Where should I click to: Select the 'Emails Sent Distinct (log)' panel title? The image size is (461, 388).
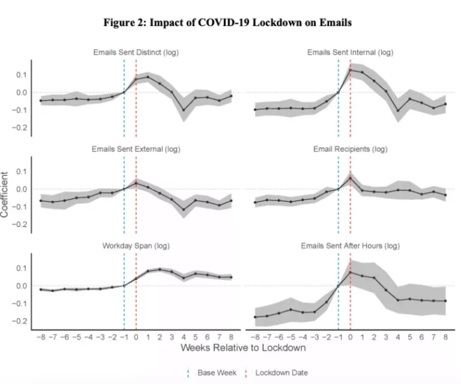[136, 52]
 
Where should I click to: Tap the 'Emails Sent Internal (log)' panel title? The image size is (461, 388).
[351, 52]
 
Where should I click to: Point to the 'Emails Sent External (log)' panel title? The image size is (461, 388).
[136, 149]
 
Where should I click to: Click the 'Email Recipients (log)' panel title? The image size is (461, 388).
[351, 149]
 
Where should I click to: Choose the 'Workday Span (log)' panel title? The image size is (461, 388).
[136, 246]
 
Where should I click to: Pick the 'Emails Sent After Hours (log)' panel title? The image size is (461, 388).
[351, 246]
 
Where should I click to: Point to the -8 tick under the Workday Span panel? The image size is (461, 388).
[40, 337]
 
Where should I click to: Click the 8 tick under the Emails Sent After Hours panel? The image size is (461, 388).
[445, 337]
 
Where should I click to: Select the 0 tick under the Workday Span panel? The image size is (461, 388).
[136, 337]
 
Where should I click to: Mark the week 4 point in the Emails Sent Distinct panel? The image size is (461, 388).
[184, 110]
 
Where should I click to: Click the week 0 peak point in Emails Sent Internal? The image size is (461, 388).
[351, 70]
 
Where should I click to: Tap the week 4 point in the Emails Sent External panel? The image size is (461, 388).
[184, 210]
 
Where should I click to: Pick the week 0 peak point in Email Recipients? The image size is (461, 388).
[351, 178]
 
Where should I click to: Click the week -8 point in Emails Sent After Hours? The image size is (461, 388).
[255, 317]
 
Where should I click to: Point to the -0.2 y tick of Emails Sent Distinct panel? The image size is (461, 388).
[21, 128]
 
